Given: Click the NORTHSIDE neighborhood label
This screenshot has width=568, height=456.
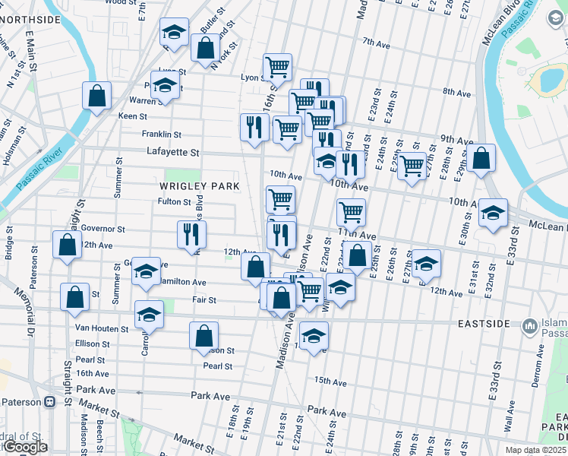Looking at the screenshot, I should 32,18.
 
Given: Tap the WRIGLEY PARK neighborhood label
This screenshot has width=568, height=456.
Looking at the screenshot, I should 200,186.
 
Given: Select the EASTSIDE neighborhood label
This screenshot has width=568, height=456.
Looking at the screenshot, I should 483,324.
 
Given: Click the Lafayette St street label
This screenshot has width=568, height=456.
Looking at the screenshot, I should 172,153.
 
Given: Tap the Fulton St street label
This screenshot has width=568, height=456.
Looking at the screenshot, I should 175,202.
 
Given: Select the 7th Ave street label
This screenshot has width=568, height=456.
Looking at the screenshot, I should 376,42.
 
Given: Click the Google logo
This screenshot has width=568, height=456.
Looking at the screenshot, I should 25,448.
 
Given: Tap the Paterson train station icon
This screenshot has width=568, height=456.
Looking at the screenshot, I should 50,401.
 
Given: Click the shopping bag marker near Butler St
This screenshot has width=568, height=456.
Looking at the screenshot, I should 206,49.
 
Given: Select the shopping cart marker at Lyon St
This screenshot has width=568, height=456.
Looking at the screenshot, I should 278,67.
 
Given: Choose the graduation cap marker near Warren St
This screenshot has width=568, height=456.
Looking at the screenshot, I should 164,86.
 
